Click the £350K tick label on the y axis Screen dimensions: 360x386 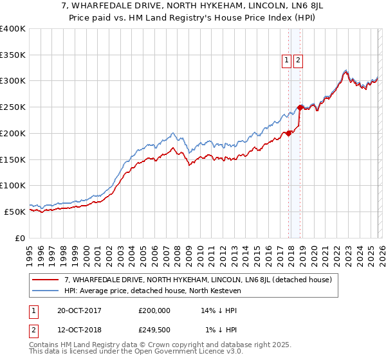pyautogui.click(x=13, y=55)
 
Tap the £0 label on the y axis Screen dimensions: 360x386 pyautogui.click(x=21, y=238)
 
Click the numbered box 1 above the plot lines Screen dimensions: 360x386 pyautogui.click(x=286, y=60)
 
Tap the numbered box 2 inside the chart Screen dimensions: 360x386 pyautogui.click(x=299, y=60)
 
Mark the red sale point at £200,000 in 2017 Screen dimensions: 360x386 pyautogui.click(x=288, y=133)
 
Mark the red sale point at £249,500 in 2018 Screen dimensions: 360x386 pyautogui.click(x=300, y=107)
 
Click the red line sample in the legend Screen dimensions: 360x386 pyautogui.click(x=46, y=280)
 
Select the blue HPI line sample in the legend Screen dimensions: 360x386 pyautogui.click(x=46, y=291)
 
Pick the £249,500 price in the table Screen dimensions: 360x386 pyautogui.click(x=154, y=329)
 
